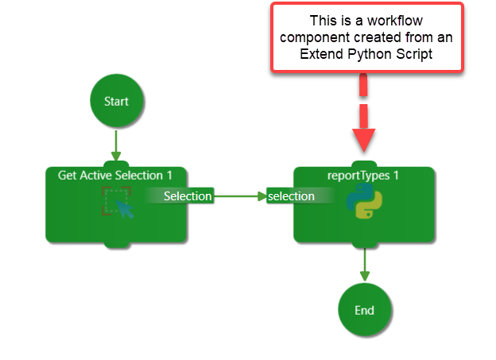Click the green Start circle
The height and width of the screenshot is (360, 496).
[116, 101]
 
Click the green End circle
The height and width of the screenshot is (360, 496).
[364, 310]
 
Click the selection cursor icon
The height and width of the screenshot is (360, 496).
[118, 203]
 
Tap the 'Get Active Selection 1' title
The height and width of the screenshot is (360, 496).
[116, 174]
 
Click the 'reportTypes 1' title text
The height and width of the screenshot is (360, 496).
[364, 175]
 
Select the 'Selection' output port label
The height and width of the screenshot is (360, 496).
[188, 196]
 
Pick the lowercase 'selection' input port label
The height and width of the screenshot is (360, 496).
[291, 196]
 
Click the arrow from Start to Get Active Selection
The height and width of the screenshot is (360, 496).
[116, 145]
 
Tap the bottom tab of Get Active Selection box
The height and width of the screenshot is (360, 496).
[116, 243]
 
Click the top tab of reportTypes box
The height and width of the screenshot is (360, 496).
[364, 165]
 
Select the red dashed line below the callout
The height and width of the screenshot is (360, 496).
[364, 95]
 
